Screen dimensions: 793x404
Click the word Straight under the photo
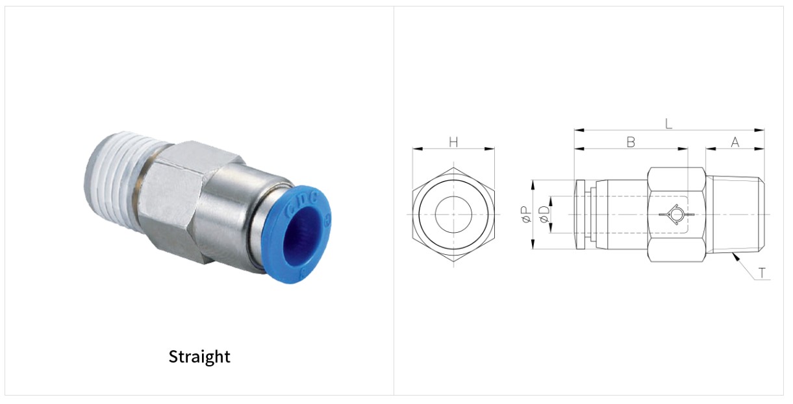click(199, 357)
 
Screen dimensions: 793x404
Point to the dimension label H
click(453, 143)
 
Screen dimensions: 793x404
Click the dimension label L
click(668, 124)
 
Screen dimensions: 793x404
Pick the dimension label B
click(631, 143)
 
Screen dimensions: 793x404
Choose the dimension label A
click(735, 143)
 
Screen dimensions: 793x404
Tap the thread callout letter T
click(762, 273)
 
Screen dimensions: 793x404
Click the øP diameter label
click(525, 215)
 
